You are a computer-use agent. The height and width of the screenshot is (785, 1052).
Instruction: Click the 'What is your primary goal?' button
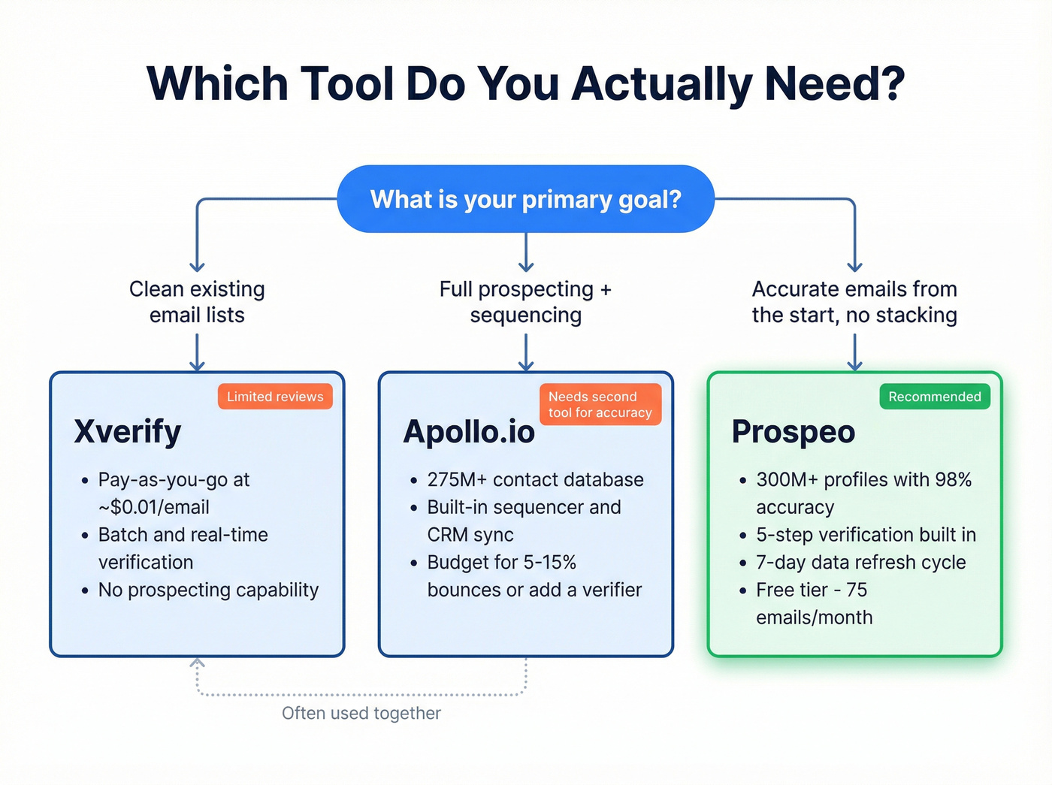tap(525, 199)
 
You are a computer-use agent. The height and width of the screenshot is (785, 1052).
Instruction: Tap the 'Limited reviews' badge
tap(275, 397)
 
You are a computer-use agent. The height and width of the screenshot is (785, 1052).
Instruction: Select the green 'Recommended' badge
tap(934, 397)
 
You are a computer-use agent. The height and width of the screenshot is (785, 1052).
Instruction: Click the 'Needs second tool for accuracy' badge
tap(600, 404)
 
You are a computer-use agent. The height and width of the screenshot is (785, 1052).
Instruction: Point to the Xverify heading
tap(128, 432)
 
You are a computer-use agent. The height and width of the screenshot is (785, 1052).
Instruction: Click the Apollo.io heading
tap(469, 432)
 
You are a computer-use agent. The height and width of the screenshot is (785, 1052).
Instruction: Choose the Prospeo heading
tap(794, 432)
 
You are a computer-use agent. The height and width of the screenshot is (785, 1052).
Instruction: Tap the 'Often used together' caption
tap(361, 713)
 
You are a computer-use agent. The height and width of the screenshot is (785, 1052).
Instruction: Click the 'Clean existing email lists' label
tap(197, 302)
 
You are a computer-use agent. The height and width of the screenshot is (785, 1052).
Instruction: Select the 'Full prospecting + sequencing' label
tap(525, 302)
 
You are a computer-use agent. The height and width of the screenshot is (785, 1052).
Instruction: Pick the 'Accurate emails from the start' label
tap(854, 302)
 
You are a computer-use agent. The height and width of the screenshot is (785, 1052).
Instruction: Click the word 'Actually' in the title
tap(661, 84)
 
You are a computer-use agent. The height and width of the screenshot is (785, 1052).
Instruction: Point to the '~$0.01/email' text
tap(154, 507)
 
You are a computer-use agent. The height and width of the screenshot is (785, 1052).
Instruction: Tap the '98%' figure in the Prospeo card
tap(953, 479)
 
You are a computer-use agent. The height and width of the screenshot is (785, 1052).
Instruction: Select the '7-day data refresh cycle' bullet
tap(860, 562)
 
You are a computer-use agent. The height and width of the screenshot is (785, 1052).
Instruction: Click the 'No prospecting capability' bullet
tap(208, 590)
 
